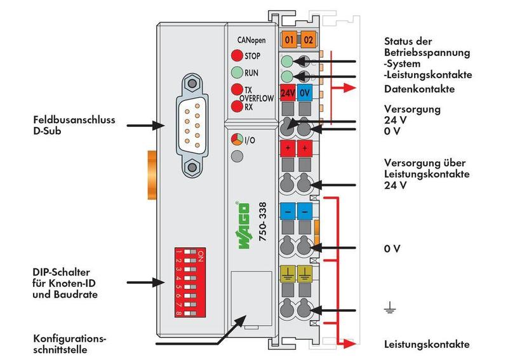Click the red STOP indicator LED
(x=236, y=55)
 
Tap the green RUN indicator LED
(x=236, y=72)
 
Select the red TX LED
(x=236, y=90)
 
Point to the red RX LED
(x=236, y=107)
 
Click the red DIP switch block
(x=189, y=283)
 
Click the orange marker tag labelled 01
(x=288, y=40)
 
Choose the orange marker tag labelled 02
(x=308, y=40)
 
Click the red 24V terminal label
(x=287, y=92)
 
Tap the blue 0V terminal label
(x=305, y=92)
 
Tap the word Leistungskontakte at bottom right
(x=427, y=345)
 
